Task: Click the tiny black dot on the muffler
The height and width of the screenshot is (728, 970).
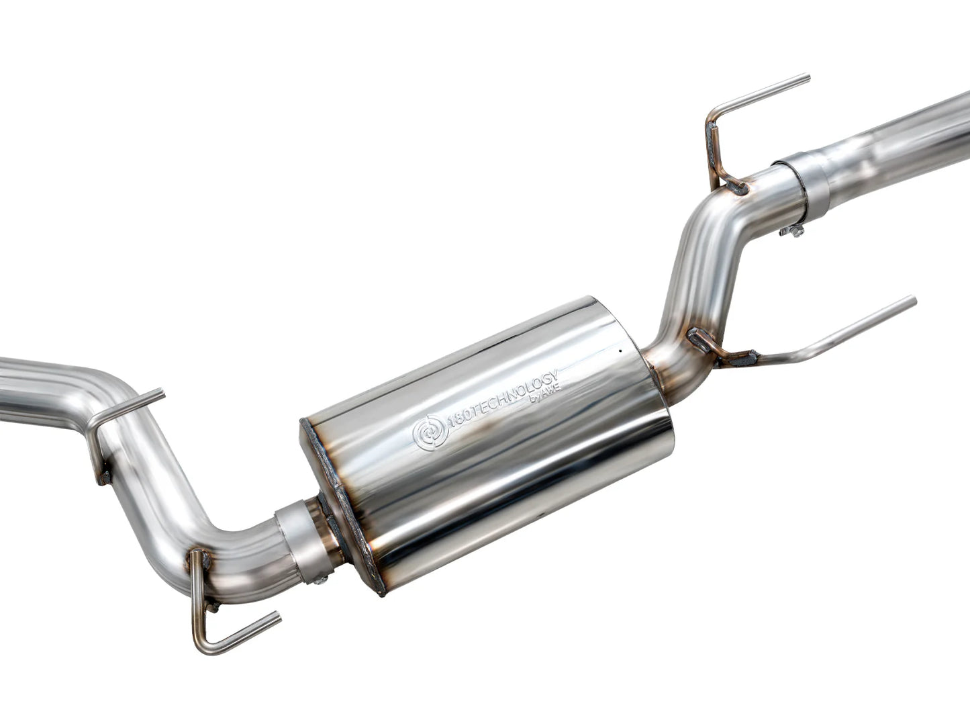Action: pos(621,350)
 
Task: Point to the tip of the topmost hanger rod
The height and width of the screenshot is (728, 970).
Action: pos(808,80)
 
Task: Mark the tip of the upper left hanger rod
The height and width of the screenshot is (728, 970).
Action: pos(161,393)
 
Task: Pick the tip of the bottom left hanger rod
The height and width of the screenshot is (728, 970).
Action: pos(277,616)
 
